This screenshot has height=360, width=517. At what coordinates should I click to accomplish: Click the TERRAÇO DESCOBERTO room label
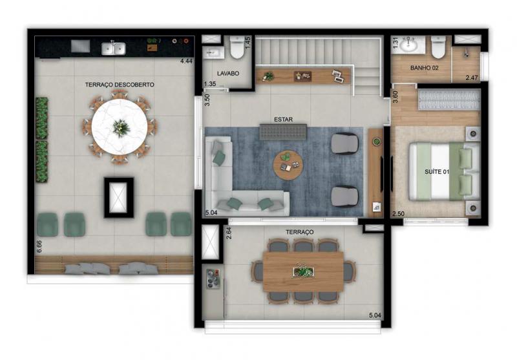tap(120, 85)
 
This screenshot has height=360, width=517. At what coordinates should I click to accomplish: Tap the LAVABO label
tap(228, 74)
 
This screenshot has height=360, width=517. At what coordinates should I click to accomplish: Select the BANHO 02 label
tap(425, 68)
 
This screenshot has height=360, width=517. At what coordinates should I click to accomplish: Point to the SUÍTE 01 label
tap(437, 172)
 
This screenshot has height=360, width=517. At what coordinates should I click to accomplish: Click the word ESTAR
tap(283, 120)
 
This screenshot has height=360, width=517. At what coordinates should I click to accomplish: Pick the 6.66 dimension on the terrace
tap(39, 247)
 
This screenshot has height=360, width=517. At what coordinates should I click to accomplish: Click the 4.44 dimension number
tap(186, 61)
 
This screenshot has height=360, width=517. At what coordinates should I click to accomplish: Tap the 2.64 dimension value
tap(229, 233)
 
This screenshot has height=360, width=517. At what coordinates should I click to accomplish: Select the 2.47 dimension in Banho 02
tap(472, 78)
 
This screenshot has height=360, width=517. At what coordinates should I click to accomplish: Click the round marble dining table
tap(120, 127)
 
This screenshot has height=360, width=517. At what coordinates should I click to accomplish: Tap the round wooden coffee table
tap(288, 165)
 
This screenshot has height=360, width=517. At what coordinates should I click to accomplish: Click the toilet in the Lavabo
tap(237, 47)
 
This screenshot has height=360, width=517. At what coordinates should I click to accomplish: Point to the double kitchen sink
tap(114, 48)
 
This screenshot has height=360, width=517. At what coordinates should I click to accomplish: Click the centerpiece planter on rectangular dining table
tap(303, 271)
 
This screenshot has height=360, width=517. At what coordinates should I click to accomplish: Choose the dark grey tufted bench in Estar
tap(283, 132)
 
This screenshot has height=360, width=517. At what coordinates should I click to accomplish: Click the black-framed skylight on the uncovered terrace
tap(119, 198)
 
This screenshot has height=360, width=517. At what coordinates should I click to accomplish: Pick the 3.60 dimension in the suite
tap(396, 96)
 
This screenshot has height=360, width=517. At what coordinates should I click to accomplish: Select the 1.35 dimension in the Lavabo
tap(210, 84)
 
